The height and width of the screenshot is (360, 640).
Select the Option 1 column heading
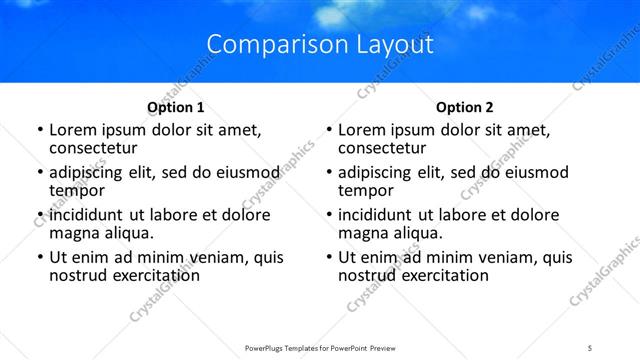coord(176,107)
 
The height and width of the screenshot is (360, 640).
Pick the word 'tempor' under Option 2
coord(366,189)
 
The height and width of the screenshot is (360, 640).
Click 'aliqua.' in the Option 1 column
coord(127,233)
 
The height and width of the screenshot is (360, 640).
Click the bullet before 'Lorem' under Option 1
coord(40,130)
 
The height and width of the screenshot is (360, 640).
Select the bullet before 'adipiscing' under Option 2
coord(329,172)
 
